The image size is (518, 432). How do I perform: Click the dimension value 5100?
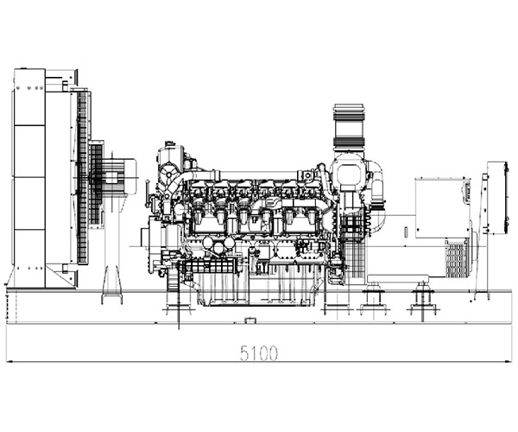click(x=259, y=353)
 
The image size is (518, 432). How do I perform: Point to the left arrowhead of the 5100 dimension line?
click(x=9, y=362)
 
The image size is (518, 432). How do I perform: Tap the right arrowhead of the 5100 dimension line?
click(x=509, y=362)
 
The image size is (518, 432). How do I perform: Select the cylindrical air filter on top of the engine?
click(x=349, y=126)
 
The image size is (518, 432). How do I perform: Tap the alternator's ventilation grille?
click(x=456, y=259)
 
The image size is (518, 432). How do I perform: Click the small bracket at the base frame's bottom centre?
click(x=250, y=320)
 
